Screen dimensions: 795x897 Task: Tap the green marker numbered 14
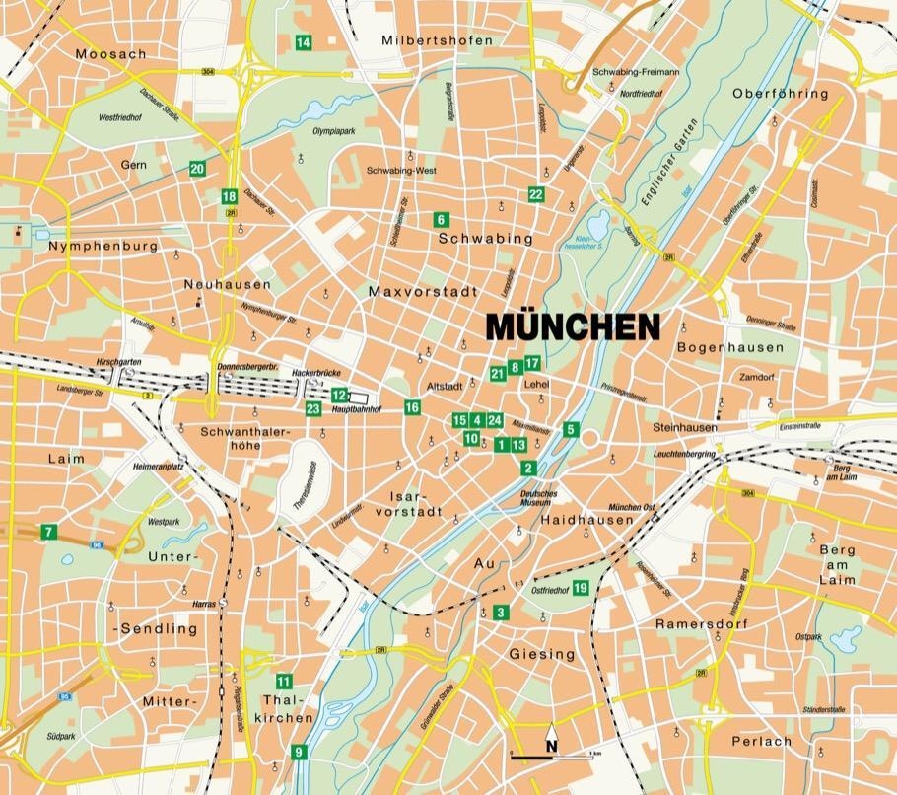(x=303, y=41)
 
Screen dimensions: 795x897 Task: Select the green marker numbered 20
(x=197, y=169)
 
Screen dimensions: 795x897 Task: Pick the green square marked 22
(x=536, y=194)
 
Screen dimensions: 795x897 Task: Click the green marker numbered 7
(x=48, y=533)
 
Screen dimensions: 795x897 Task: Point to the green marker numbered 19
(x=581, y=589)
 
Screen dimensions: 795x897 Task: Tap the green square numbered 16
(x=412, y=407)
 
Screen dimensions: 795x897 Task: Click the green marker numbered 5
(x=570, y=429)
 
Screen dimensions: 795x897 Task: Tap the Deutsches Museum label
(x=539, y=498)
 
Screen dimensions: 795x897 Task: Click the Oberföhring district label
(x=781, y=94)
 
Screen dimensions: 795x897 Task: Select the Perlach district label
(x=761, y=741)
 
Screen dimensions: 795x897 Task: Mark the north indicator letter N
(x=552, y=746)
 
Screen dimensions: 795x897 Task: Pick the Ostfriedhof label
(x=550, y=590)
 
